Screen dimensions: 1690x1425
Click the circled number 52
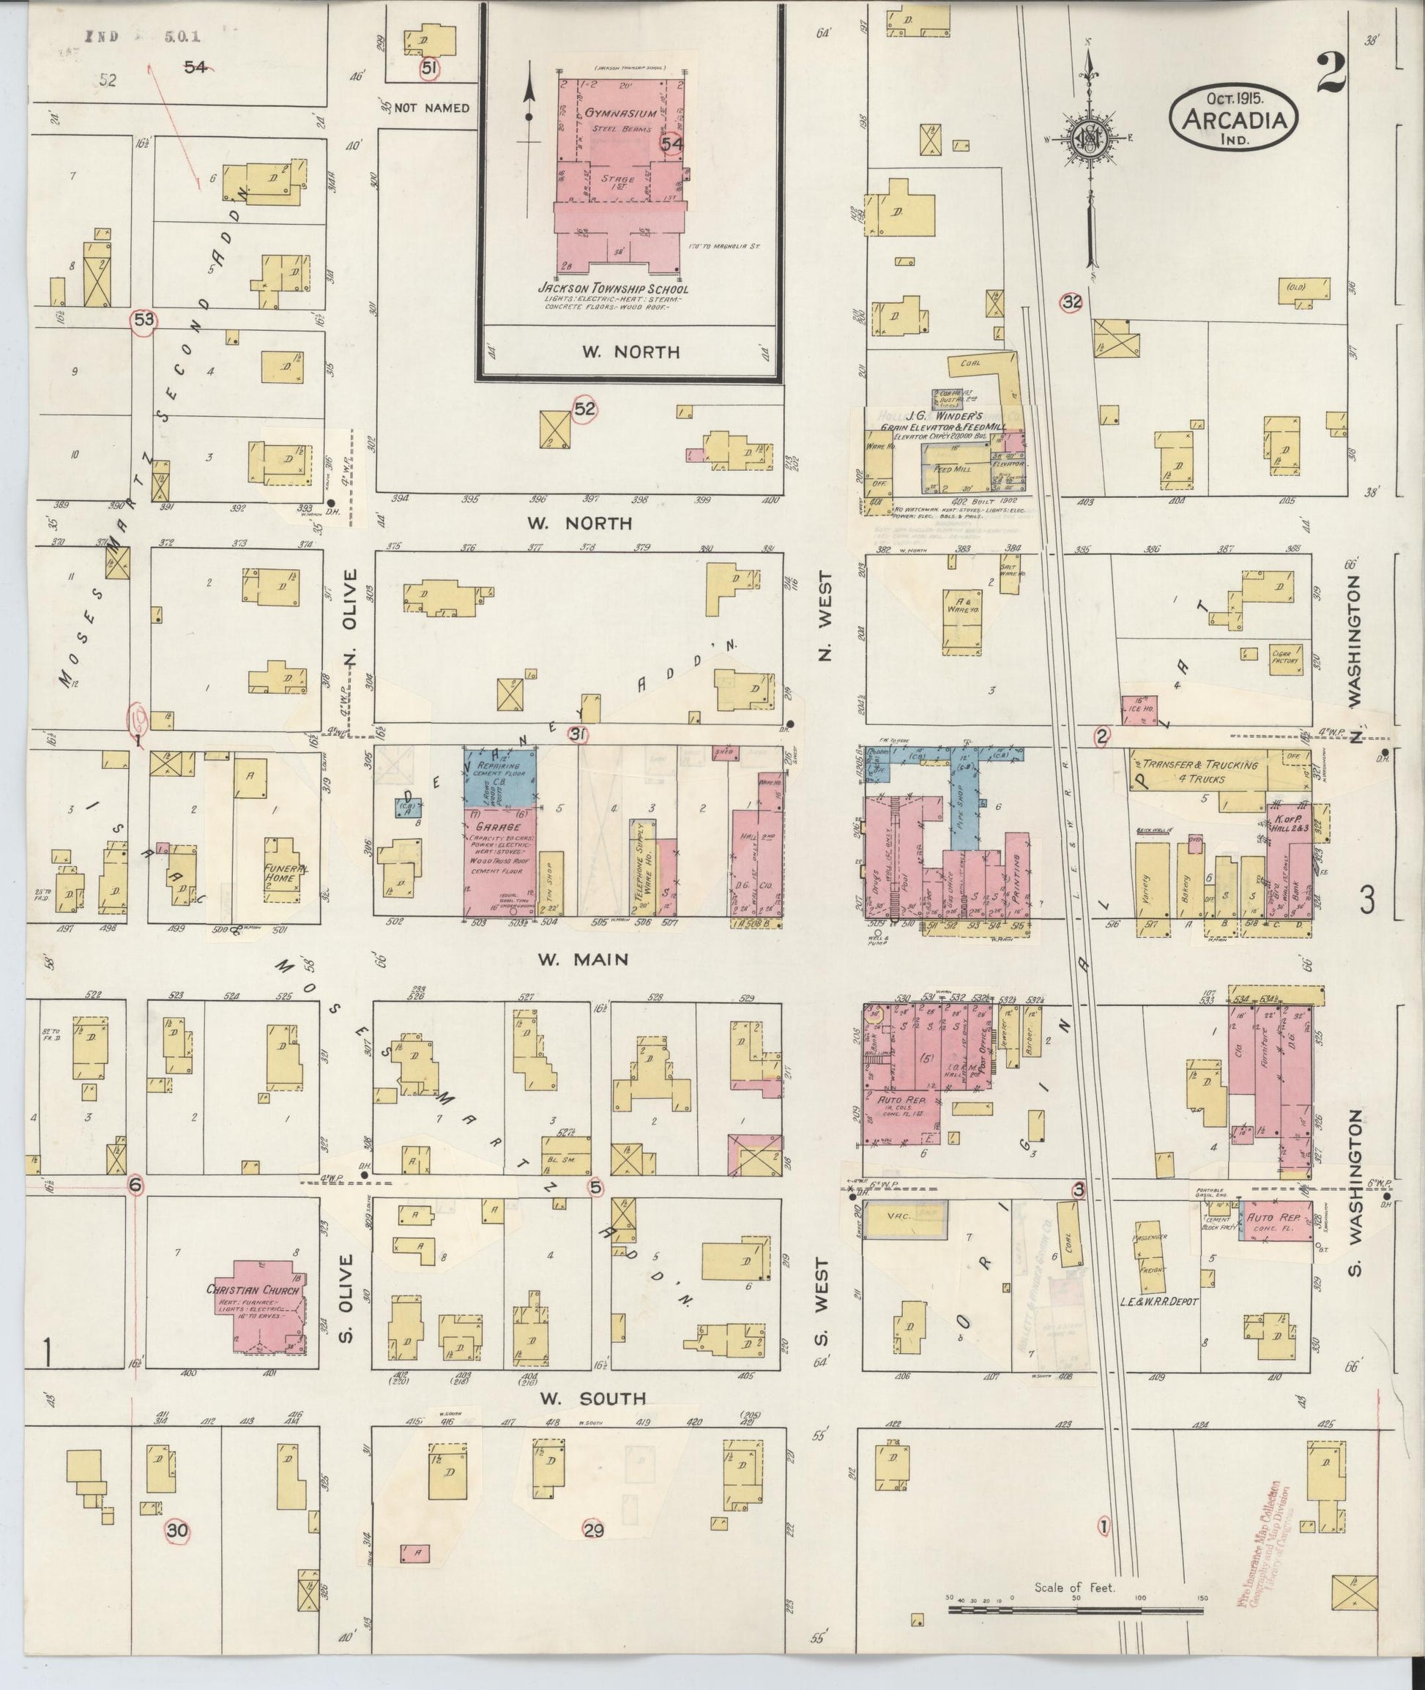pyautogui.click(x=584, y=409)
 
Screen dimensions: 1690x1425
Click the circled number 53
pyautogui.click(x=144, y=320)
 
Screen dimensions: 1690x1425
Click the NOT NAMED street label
pyautogui.click(x=432, y=108)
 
